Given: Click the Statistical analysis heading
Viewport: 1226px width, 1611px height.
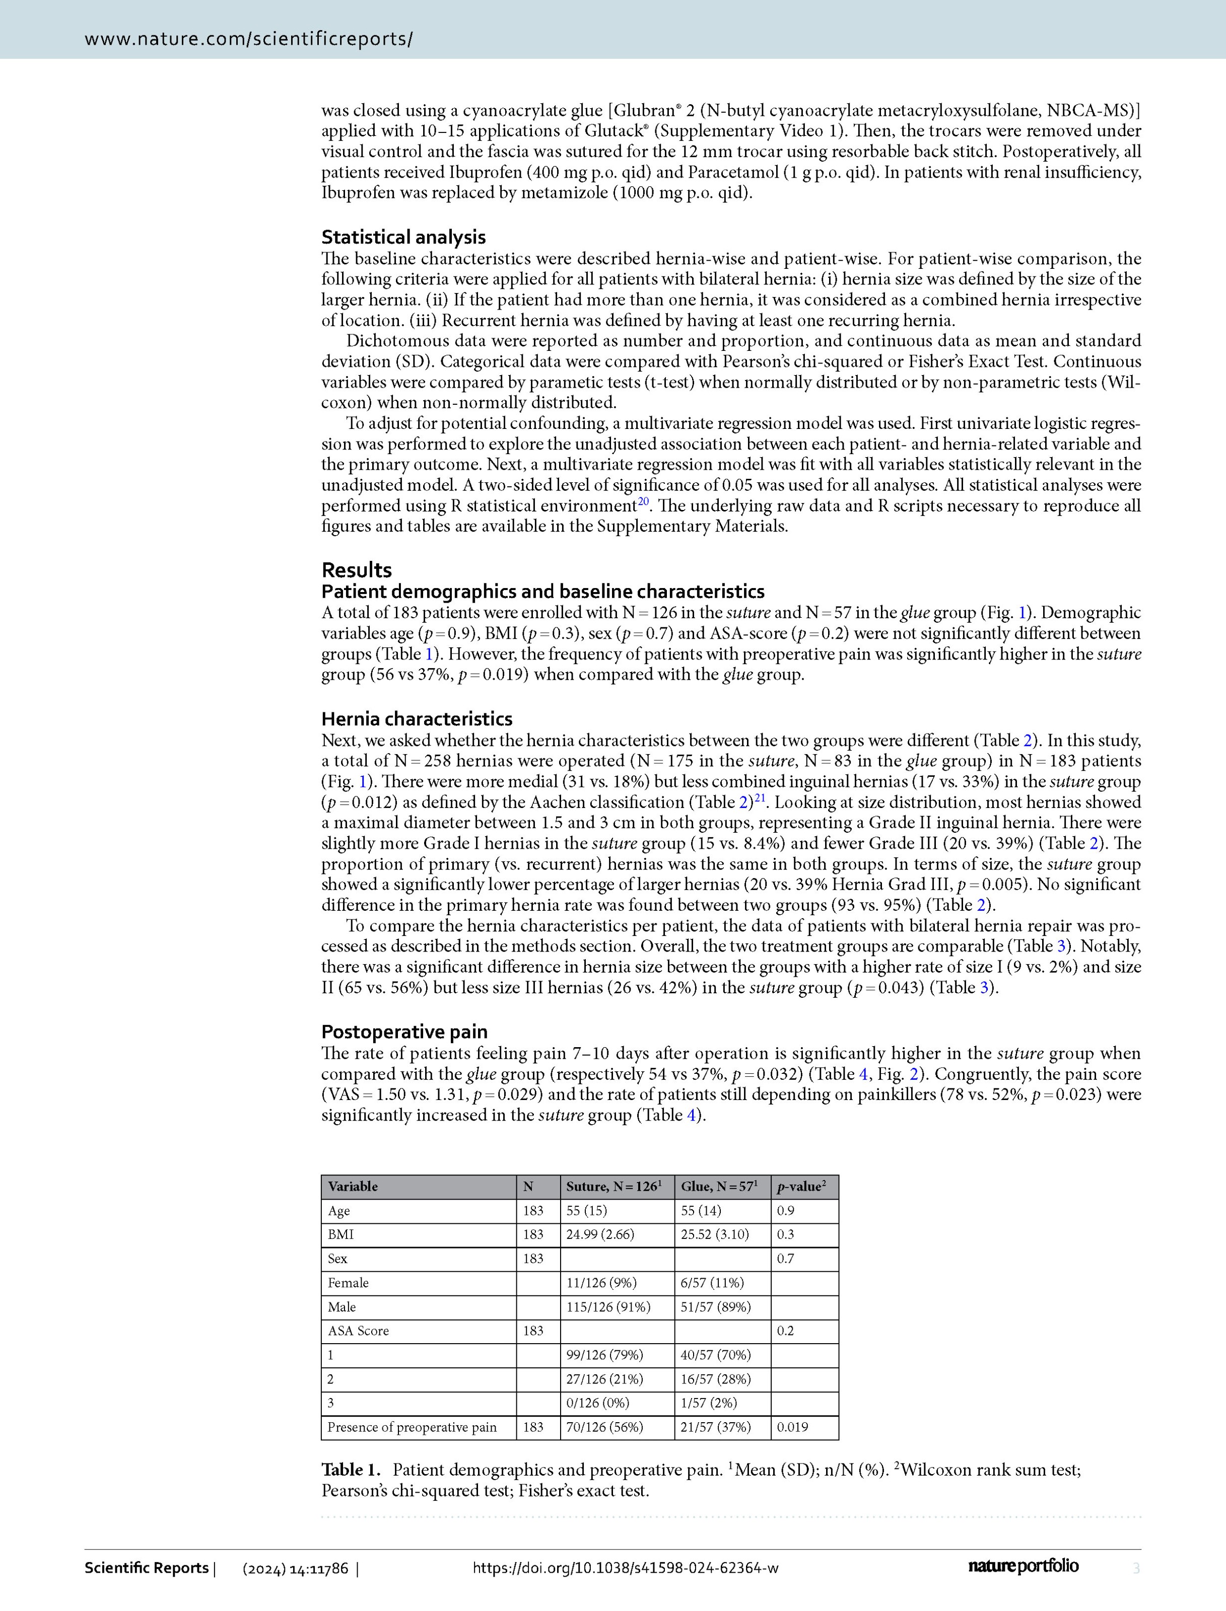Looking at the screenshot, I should point(403,237).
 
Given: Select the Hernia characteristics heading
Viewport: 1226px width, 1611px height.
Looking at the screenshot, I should point(417,719).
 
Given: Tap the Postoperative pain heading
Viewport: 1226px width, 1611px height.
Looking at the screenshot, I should point(404,1032).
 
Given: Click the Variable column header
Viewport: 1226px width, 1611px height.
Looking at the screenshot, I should point(353,1187).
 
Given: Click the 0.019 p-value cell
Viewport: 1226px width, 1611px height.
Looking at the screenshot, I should point(792,1427).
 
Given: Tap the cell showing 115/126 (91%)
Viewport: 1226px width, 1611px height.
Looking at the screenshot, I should point(608,1307).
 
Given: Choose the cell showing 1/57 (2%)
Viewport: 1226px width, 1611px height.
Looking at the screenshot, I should point(709,1403).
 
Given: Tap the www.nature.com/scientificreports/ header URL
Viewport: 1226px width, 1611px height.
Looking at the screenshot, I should point(249,39).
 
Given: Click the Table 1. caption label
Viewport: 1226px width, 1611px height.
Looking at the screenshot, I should point(351,1470).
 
